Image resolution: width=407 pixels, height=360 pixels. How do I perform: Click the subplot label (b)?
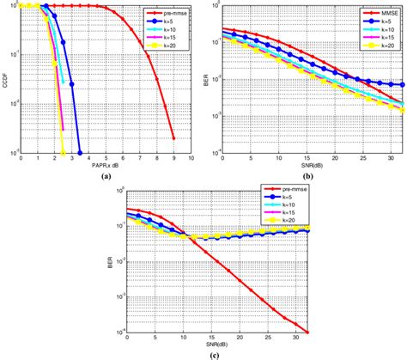pyautogui.click(x=308, y=174)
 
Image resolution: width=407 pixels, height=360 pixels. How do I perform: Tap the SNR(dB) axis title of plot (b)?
pyautogui.click(x=308, y=164)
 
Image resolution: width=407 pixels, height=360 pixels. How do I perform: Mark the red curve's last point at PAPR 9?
pyautogui.click(x=173, y=137)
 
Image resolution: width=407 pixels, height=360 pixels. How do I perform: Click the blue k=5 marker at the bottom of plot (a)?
pyautogui.click(x=80, y=154)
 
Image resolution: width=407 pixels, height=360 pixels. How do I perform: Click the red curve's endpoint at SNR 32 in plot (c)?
pyautogui.click(x=307, y=333)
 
